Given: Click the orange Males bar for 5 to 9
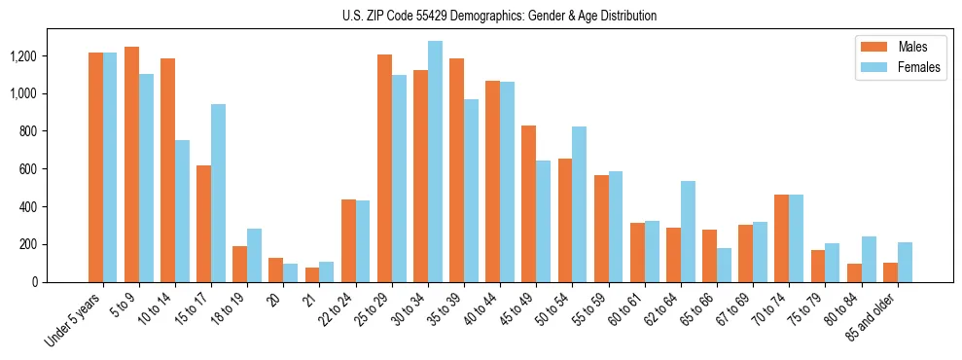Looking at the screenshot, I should [131, 164].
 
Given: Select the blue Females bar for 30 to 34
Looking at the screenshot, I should [435, 162].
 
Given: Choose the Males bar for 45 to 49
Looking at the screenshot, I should [528, 203].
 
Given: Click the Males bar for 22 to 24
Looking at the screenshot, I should [348, 240].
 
